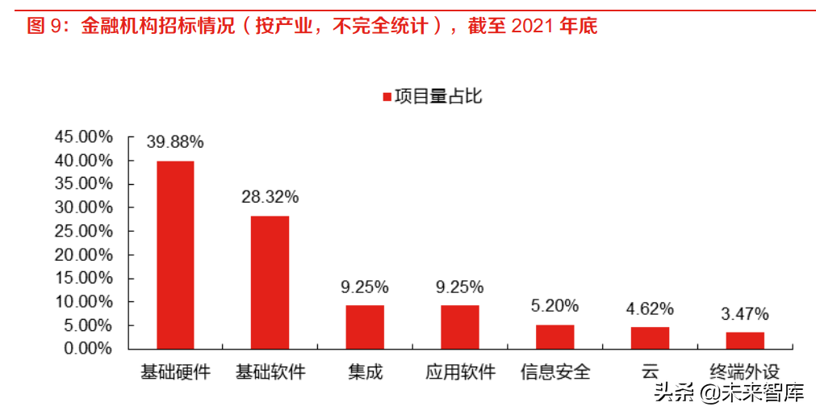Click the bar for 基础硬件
tap(175, 254)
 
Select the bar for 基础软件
tap(270, 282)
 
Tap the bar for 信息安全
tap(554, 337)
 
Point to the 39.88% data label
tap(175, 142)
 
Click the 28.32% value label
tap(270, 196)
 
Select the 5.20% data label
tap(554, 305)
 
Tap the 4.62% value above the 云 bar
tap(650, 308)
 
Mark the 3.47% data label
tap(744, 313)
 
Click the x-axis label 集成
tap(365, 372)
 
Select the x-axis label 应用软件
tap(460, 372)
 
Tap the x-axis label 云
tap(650, 372)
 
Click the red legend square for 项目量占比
tap(386, 97)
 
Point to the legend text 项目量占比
tap(437, 97)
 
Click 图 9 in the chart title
tap(45, 26)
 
